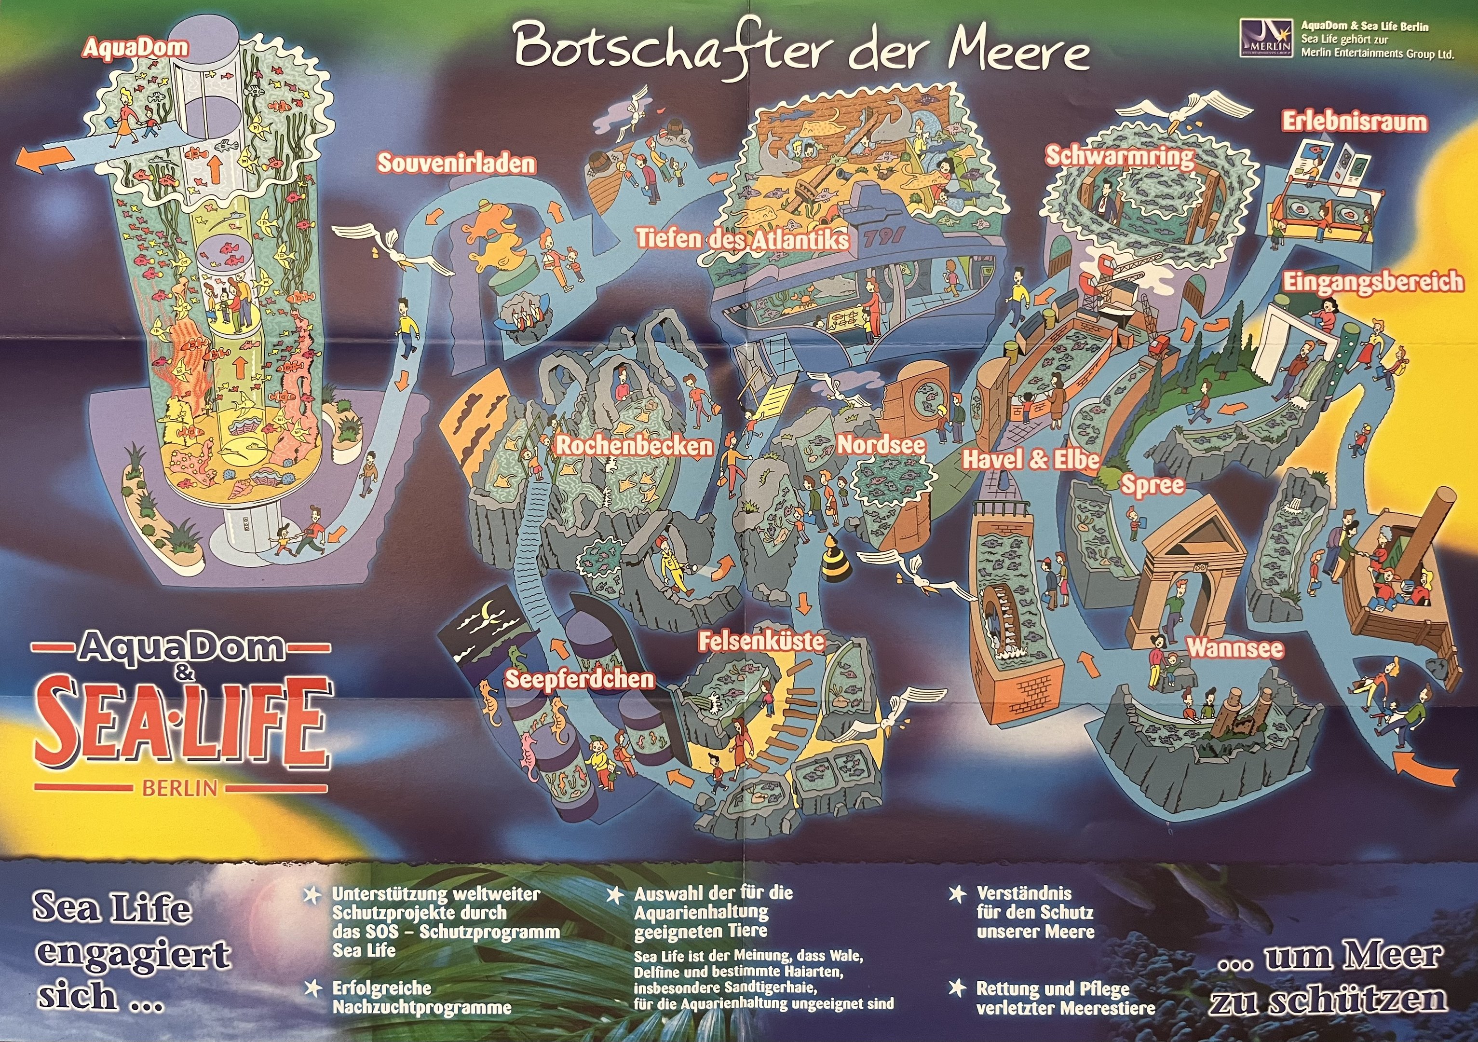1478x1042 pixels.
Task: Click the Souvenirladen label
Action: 456,163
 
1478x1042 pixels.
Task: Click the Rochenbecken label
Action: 634,446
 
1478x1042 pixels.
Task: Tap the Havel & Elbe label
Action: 1030,459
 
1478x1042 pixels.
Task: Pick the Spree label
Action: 1153,485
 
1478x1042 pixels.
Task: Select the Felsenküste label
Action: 761,641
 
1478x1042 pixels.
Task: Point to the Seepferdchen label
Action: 579,679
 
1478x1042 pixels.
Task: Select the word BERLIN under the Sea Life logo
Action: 179,788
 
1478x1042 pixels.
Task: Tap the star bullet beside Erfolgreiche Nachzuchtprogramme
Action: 313,988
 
